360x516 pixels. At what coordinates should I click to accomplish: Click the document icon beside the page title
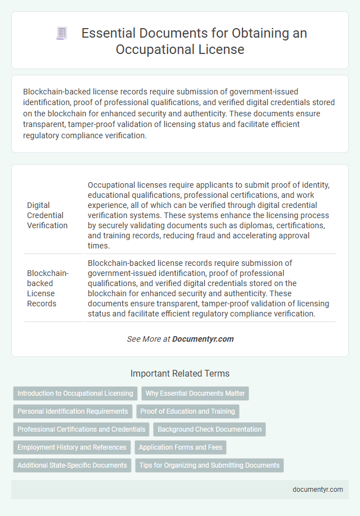point(61,34)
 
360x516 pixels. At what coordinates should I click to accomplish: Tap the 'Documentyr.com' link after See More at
point(203,339)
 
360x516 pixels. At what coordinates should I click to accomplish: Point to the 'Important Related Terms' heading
point(180,373)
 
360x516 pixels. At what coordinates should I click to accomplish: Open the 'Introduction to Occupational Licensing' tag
point(75,393)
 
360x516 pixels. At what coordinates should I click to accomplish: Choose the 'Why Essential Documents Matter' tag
point(195,393)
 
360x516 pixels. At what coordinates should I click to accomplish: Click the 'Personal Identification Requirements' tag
point(73,411)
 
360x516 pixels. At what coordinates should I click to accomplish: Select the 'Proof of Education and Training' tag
point(188,411)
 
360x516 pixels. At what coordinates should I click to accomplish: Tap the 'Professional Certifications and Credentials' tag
point(82,429)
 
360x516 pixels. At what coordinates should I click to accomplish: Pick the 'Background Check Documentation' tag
point(210,429)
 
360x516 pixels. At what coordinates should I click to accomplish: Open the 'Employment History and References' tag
point(72,447)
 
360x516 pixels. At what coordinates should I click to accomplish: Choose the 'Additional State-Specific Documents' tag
point(72,465)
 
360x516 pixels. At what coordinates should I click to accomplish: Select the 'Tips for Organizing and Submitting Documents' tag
point(209,465)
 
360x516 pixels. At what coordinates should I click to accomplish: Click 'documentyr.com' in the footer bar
point(318,490)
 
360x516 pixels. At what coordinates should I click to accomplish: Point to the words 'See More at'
point(148,339)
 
